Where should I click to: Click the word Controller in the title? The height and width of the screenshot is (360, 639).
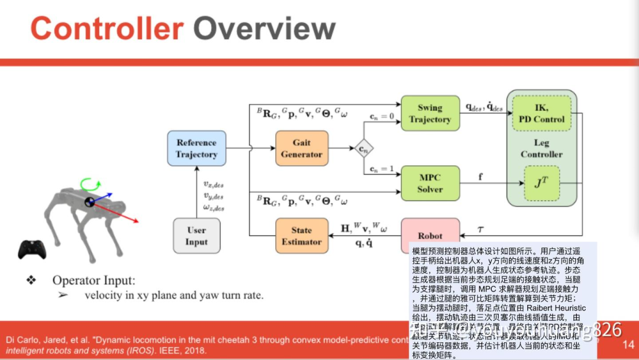click(x=106, y=28)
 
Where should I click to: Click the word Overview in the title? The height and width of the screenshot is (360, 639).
click(x=264, y=28)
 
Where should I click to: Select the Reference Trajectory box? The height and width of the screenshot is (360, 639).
click(x=196, y=148)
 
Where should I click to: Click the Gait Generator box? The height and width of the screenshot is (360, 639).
click(x=301, y=148)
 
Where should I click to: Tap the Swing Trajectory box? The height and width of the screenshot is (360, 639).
click(x=430, y=113)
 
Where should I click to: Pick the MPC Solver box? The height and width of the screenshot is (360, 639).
click(x=430, y=183)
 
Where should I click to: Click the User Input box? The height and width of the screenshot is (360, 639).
click(x=196, y=236)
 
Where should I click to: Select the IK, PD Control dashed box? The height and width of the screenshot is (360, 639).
click(x=541, y=113)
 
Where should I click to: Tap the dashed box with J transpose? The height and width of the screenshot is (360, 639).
click(x=541, y=183)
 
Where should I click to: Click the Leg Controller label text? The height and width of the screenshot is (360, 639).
click(x=541, y=148)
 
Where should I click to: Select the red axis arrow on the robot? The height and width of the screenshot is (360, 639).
click(x=127, y=216)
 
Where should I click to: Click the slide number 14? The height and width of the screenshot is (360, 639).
click(x=628, y=344)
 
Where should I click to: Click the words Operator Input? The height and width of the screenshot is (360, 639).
click(x=93, y=280)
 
